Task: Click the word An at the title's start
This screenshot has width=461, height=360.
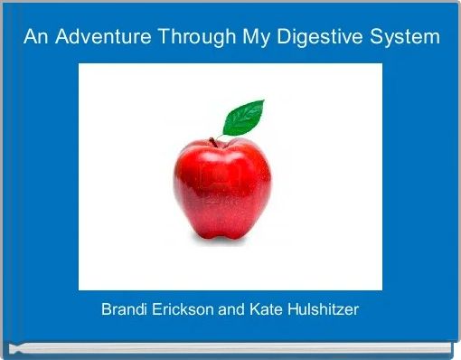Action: tap(33, 37)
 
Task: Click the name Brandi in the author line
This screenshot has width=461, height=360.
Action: tap(124, 309)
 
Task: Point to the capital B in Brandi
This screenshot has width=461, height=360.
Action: tap(106, 309)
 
